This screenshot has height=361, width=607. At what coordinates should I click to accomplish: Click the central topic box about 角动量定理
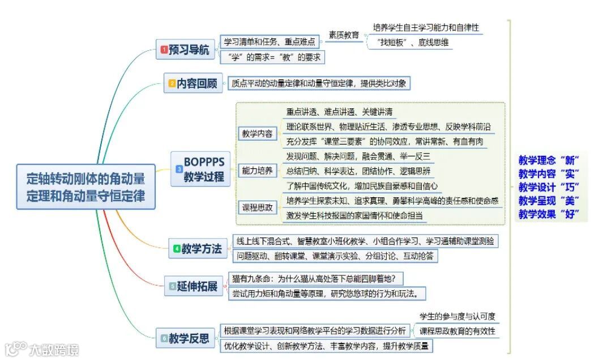tap(86, 186)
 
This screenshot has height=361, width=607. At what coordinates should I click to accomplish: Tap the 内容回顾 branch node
tap(193, 83)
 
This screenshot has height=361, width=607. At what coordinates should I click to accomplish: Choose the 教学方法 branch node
tap(198, 248)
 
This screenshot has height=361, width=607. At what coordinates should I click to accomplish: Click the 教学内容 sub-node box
tap(257, 134)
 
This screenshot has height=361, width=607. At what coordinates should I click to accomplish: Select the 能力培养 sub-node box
tap(257, 171)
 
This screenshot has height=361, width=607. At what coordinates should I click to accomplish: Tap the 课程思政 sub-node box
tap(257, 207)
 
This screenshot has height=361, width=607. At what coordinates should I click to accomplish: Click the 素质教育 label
tap(344, 35)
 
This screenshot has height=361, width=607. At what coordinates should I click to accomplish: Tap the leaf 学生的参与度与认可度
tap(457, 316)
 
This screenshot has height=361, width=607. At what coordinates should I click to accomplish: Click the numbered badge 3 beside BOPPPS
tap(179, 169)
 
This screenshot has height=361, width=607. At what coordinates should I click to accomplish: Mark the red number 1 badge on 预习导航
tap(164, 50)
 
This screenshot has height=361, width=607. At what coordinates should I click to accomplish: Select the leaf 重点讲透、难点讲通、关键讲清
tap(339, 111)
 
